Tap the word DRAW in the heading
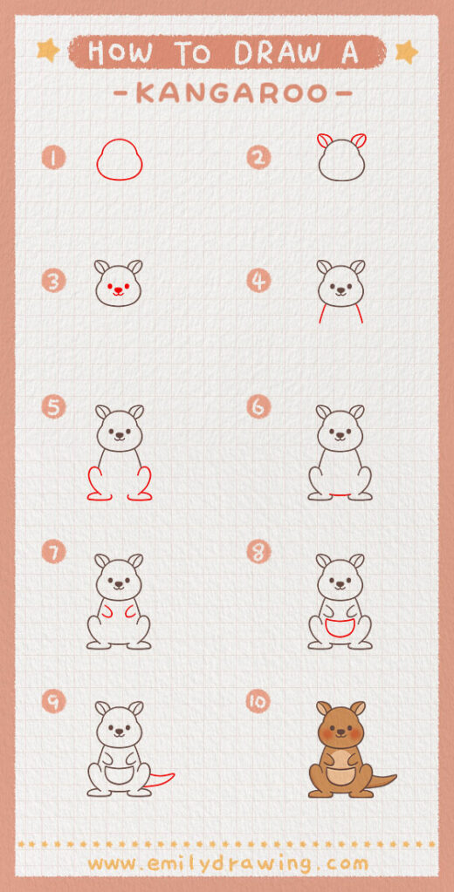coord(279,52)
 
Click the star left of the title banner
coord(48,51)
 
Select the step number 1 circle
coord(54,158)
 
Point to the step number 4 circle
coord(258,281)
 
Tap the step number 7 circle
coord(54,552)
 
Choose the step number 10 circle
coord(258,701)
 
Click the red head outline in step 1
coord(119,161)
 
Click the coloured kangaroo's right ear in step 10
coord(357,708)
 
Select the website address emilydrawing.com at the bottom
coord(228,863)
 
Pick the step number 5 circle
coord(54,406)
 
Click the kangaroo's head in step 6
coord(340,431)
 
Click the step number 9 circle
coord(54,701)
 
